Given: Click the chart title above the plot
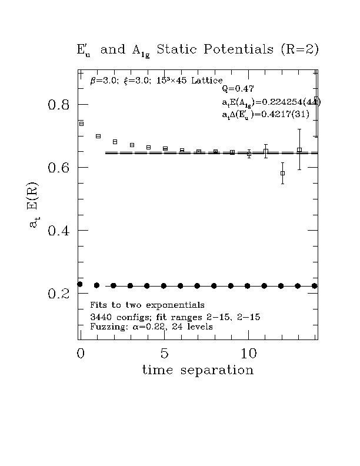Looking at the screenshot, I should coord(197,50).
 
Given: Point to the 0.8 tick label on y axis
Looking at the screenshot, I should coord(59,105).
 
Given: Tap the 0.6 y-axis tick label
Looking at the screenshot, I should coord(59,168).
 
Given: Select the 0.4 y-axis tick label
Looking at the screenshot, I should coord(59,231).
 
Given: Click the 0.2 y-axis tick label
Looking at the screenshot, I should coord(59,294).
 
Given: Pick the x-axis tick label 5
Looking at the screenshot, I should coord(165,354).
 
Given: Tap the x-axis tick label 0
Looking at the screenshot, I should coord(81,354).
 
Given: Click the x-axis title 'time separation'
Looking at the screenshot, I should coord(198,371).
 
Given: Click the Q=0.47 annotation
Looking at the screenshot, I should coord(238,89).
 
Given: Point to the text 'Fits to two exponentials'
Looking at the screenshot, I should coord(147,305).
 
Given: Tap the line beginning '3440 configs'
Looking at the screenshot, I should coord(175,317).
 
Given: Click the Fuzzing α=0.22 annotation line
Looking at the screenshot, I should coord(151,326).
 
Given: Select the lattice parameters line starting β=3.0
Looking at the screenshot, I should coord(156,80).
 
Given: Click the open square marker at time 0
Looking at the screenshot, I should coord(81,124).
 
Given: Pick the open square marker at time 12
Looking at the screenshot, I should coord(283,173).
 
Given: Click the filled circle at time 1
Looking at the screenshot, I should coord(96,285).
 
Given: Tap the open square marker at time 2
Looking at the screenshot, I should coord(115,142).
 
